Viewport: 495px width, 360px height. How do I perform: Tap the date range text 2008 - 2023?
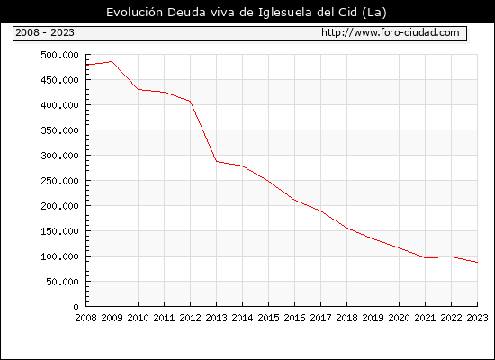tap(45, 32)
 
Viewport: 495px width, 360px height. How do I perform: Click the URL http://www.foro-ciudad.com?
tap(391, 32)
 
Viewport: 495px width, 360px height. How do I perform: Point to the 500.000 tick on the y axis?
tap(59, 55)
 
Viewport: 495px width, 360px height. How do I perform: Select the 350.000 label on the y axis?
tap(59, 130)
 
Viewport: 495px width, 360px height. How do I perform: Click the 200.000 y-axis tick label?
tap(59, 206)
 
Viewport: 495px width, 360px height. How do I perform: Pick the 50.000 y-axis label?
tap(62, 282)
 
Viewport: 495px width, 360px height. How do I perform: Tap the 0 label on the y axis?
tap(76, 307)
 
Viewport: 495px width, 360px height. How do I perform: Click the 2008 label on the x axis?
tap(85, 318)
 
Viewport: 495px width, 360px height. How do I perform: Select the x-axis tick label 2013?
tap(216, 318)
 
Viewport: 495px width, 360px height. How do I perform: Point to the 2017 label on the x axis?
tap(320, 318)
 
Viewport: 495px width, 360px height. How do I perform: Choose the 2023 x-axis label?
tap(477, 318)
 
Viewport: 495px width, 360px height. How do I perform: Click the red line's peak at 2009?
tap(112, 61)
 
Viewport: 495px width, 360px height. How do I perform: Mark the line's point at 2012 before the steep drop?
tap(191, 102)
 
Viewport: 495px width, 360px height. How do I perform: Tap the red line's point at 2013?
tap(217, 161)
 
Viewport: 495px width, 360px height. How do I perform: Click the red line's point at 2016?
tap(294, 200)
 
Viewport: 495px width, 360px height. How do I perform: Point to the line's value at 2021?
tap(425, 257)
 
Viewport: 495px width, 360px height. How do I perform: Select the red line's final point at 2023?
tap(477, 262)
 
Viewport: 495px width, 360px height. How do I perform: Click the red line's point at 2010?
tap(139, 89)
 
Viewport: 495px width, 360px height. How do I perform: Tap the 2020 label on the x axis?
tap(399, 318)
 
